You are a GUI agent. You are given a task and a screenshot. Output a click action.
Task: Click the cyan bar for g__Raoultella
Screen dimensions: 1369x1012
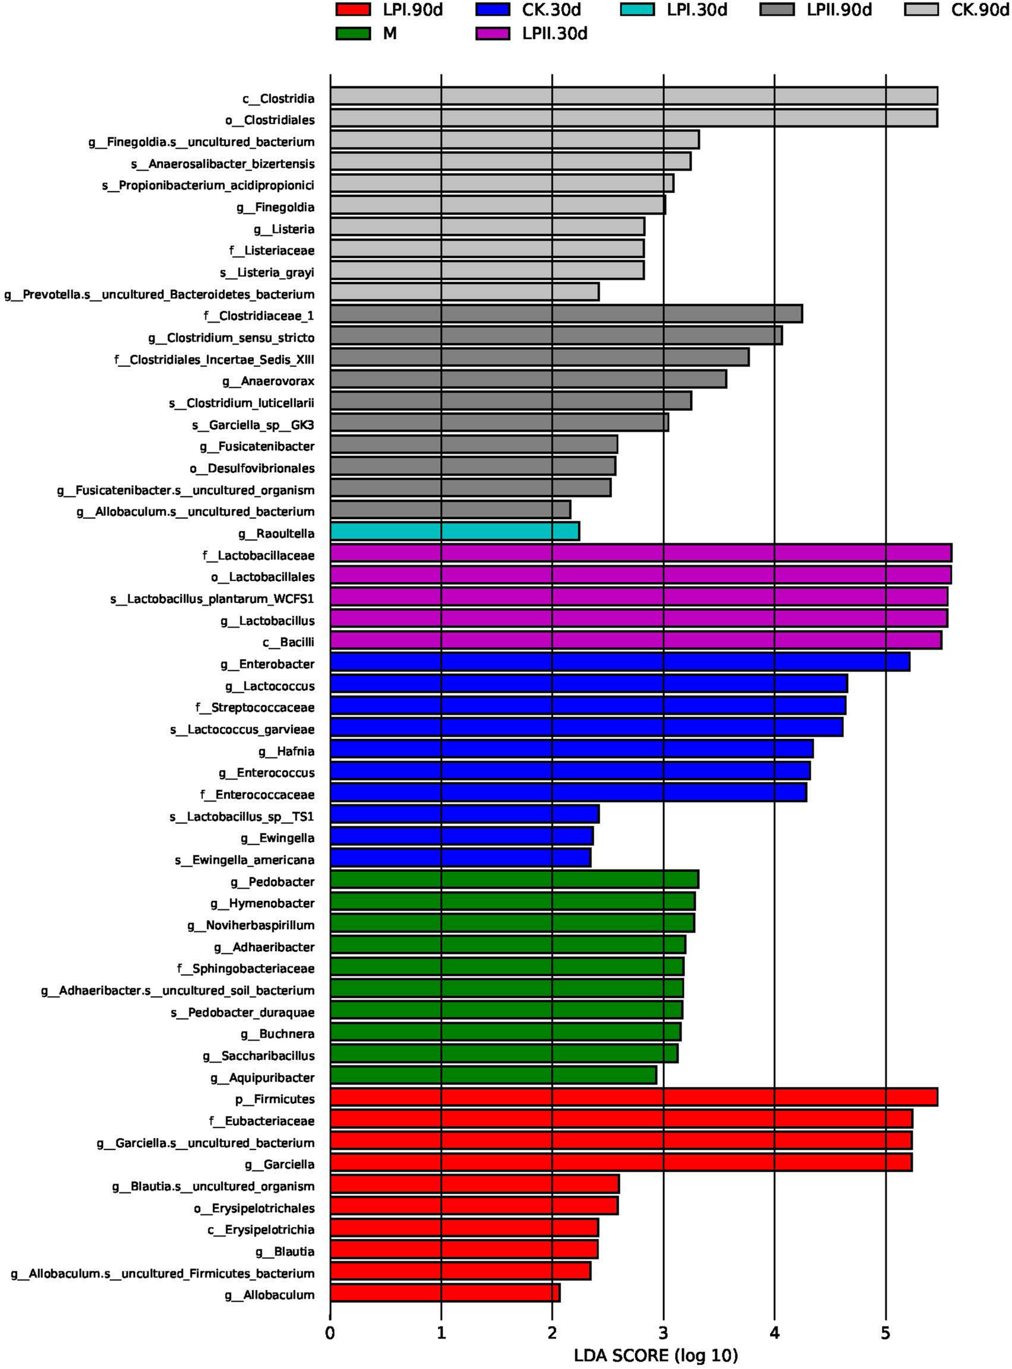click(x=455, y=531)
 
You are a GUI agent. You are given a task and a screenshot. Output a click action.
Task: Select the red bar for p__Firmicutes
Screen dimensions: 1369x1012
click(x=633, y=1097)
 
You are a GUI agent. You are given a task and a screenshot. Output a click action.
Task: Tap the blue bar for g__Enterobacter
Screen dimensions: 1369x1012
click(x=619, y=662)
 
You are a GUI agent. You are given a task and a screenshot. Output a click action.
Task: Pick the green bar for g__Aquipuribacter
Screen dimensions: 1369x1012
click(x=493, y=1075)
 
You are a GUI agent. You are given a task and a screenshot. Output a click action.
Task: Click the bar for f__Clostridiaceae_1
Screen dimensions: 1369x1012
click(x=566, y=314)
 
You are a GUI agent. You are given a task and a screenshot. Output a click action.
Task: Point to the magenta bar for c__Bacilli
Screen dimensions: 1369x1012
click(x=635, y=640)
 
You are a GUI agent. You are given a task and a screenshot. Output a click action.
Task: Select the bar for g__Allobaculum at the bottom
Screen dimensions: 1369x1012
click(x=445, y=1292)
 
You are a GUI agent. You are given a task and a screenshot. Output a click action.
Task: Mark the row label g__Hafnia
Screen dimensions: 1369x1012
click(x=286, y=751)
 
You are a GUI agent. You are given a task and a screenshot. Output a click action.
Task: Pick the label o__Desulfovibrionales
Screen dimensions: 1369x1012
click(x=252, y=468)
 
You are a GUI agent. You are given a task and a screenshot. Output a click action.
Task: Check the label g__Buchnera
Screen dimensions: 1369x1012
click(x=277, y=1034)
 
